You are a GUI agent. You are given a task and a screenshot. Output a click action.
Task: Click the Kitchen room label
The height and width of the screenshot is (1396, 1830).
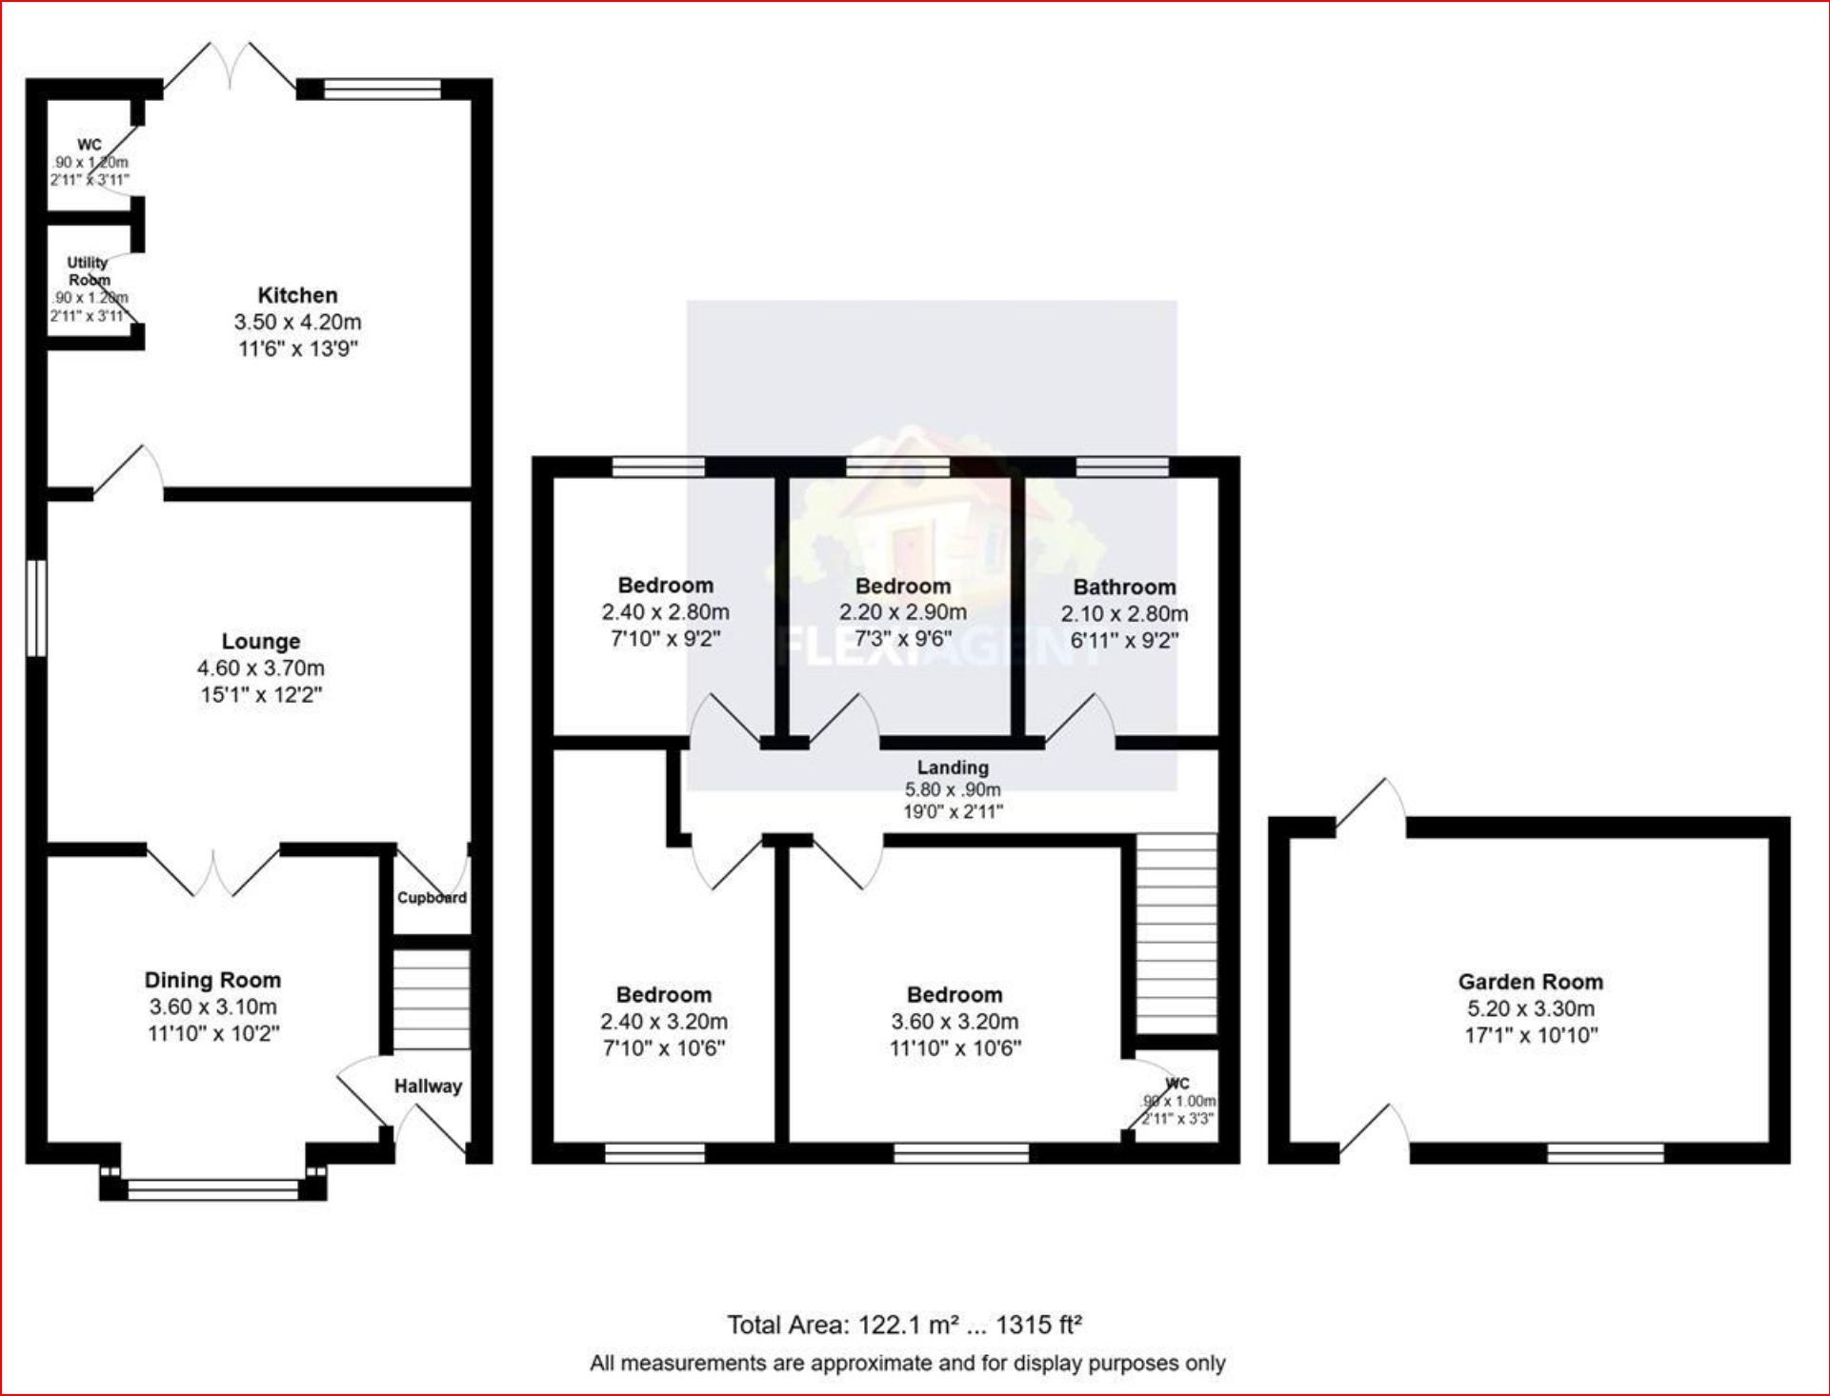coord(297,295)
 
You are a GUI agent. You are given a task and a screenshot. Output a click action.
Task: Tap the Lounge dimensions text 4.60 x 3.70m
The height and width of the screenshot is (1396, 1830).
coord(260,668)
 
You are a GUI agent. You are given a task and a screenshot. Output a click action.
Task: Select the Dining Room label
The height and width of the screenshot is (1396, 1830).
coord(212,980)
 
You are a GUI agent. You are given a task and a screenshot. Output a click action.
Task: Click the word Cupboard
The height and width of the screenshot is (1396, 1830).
coord(432,897)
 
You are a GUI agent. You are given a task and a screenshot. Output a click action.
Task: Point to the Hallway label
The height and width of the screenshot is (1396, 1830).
coord(428,1086)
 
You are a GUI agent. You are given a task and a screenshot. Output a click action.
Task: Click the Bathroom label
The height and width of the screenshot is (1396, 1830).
coord(1124,587)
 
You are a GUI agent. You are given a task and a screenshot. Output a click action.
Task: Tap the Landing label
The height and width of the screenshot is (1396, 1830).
coord(953,768)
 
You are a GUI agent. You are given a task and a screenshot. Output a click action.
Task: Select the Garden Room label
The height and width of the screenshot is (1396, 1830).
coord(1530,982)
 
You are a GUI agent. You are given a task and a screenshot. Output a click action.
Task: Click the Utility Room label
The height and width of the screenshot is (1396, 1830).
coord(88,270)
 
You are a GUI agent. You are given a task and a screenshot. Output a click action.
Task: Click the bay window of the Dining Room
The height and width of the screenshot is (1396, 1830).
coord(212,1188)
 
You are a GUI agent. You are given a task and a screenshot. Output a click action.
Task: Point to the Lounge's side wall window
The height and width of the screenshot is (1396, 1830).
coord(36,608)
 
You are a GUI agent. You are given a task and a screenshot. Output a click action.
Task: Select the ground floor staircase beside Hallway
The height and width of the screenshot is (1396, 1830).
coord(432,1000)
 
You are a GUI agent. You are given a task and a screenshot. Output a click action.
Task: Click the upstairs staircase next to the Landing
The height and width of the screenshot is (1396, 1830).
coord(1176,933)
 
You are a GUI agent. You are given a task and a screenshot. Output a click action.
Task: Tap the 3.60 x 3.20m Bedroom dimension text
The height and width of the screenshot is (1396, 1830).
coord(955,1022)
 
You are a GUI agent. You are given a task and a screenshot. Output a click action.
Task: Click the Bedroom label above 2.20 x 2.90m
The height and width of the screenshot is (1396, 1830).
coord(902,587)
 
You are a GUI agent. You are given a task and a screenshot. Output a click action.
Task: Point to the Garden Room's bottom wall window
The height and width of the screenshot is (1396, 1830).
coord(1604,1153)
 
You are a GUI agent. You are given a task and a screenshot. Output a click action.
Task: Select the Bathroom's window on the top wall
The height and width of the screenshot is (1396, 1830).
coord(1121,467)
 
